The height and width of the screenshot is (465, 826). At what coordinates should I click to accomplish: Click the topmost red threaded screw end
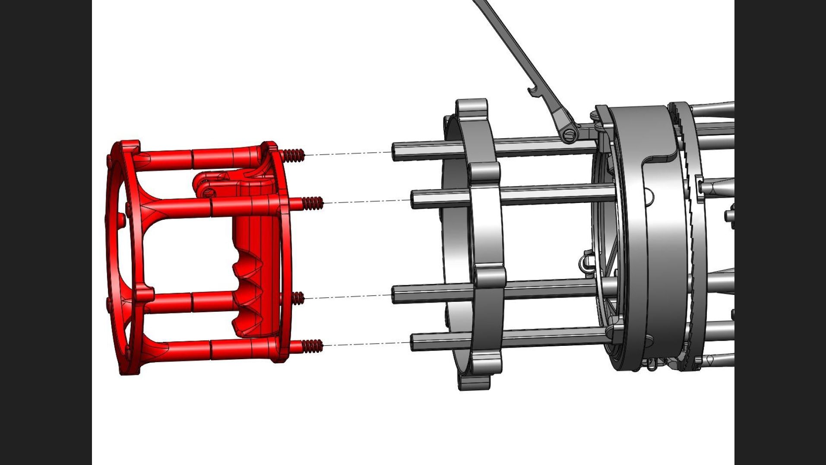pyautogui.click(x=294, y=155)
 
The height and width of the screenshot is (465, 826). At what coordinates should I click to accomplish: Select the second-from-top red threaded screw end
pyautogui.click(x=312, y=202)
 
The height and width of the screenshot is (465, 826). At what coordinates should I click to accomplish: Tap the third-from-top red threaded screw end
pyautogui.click(x=297, y=298)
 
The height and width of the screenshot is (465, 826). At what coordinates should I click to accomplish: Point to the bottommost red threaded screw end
pyautogui.click(x=312, y=345)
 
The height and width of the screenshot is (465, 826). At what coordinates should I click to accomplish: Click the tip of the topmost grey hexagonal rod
pyautogui.click(x=395, y=152)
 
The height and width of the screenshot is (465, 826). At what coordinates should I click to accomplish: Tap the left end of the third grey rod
pyautogui.click(x=395, y=295)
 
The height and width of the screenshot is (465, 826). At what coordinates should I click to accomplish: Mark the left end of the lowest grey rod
pyautogui.click(x=414, y=342)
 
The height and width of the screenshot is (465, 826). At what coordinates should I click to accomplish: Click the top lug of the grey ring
pyautogui.click(x=472, y=108)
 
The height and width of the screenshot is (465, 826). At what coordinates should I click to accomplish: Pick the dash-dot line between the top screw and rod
pyautogui.click(x=348, y=153)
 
